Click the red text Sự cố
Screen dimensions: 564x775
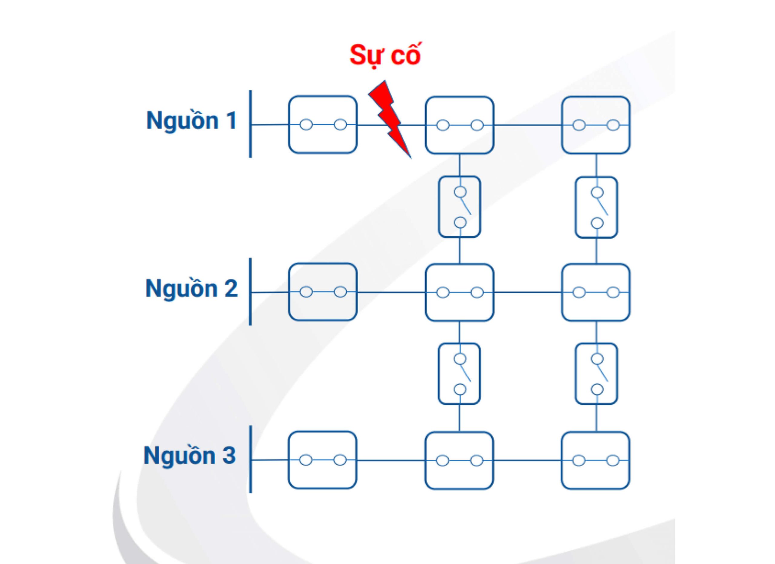tap(385, 55)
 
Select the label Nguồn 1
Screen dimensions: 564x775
tap(191, 120)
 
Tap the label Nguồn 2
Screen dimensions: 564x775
tap(191, 288)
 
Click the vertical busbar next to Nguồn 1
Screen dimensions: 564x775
tap(250, 124)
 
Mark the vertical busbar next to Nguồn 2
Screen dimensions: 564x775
tap(250, 292)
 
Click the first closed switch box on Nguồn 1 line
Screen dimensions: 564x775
tap(323, 124)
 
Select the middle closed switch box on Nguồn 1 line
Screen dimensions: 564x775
tap(460, 125)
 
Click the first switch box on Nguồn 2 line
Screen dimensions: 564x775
tap(323, 292)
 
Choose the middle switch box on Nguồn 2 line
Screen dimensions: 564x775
tap(460, 292)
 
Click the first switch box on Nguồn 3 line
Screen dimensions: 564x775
tap(323, 460)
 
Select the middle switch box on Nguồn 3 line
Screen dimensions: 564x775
tap(459, 460)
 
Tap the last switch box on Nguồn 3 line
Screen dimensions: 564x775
tap(595, 460)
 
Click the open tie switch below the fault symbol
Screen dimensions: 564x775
tap(460, 207)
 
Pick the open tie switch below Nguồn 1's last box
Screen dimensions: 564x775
tap(596, 207)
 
